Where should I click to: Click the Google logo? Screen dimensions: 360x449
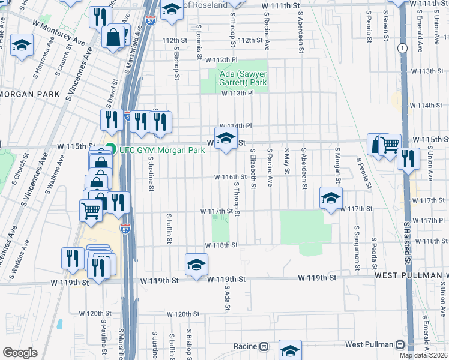(20, 353)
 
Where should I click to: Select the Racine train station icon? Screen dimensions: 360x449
(263, 346)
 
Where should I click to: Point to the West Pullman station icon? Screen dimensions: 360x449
(400, 345)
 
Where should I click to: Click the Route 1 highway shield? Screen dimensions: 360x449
(400, 48)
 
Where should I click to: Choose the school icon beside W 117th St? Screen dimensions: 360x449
(331, 199)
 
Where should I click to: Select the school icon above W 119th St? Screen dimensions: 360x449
(196, 265)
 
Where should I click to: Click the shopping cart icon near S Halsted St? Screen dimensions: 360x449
(390, 144)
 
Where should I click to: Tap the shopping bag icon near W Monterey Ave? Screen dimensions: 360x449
(113, 37)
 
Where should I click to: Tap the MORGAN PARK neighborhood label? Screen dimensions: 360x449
(30, 95)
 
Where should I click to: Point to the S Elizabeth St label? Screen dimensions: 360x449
(253, 170)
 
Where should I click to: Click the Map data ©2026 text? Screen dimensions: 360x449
(424, 355)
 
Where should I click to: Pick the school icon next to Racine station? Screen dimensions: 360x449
(290, 351)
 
